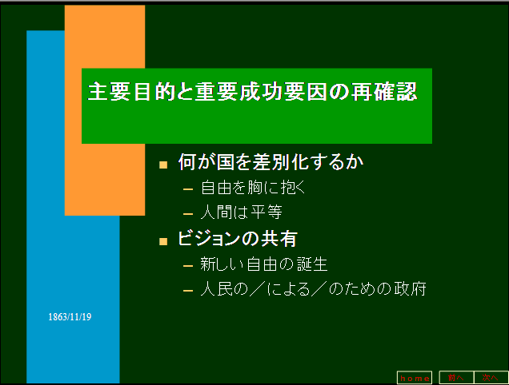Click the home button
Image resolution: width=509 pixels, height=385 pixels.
tap(415, 378)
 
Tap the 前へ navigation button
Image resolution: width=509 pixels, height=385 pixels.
tap(456, 378)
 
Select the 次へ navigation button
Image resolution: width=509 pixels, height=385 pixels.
tap(491, 378)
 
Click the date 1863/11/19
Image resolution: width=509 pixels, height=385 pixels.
tap(70, 317)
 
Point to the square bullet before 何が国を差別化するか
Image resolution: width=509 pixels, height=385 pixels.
tap(163, 165)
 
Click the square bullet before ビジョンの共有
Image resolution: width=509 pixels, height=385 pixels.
tap(163, 241)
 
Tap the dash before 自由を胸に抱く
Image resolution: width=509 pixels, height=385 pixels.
tap(188, 189)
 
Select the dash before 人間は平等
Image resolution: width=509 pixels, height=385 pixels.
tap(188, 214)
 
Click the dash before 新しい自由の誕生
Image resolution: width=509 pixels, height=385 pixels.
tap(188, 266)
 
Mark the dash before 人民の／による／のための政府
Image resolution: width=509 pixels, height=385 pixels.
tap(188, 291)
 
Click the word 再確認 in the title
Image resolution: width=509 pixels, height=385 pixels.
tap(384, 91)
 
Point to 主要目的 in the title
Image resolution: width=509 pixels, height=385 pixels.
tap(132, 91)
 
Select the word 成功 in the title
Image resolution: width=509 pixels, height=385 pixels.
tap(261, 91)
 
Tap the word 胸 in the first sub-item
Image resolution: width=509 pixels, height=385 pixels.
tap(254, 188)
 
